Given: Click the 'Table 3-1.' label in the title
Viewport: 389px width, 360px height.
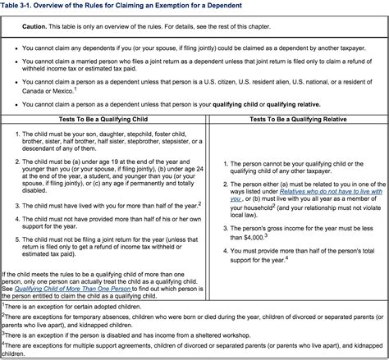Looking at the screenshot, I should (21, 7).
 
